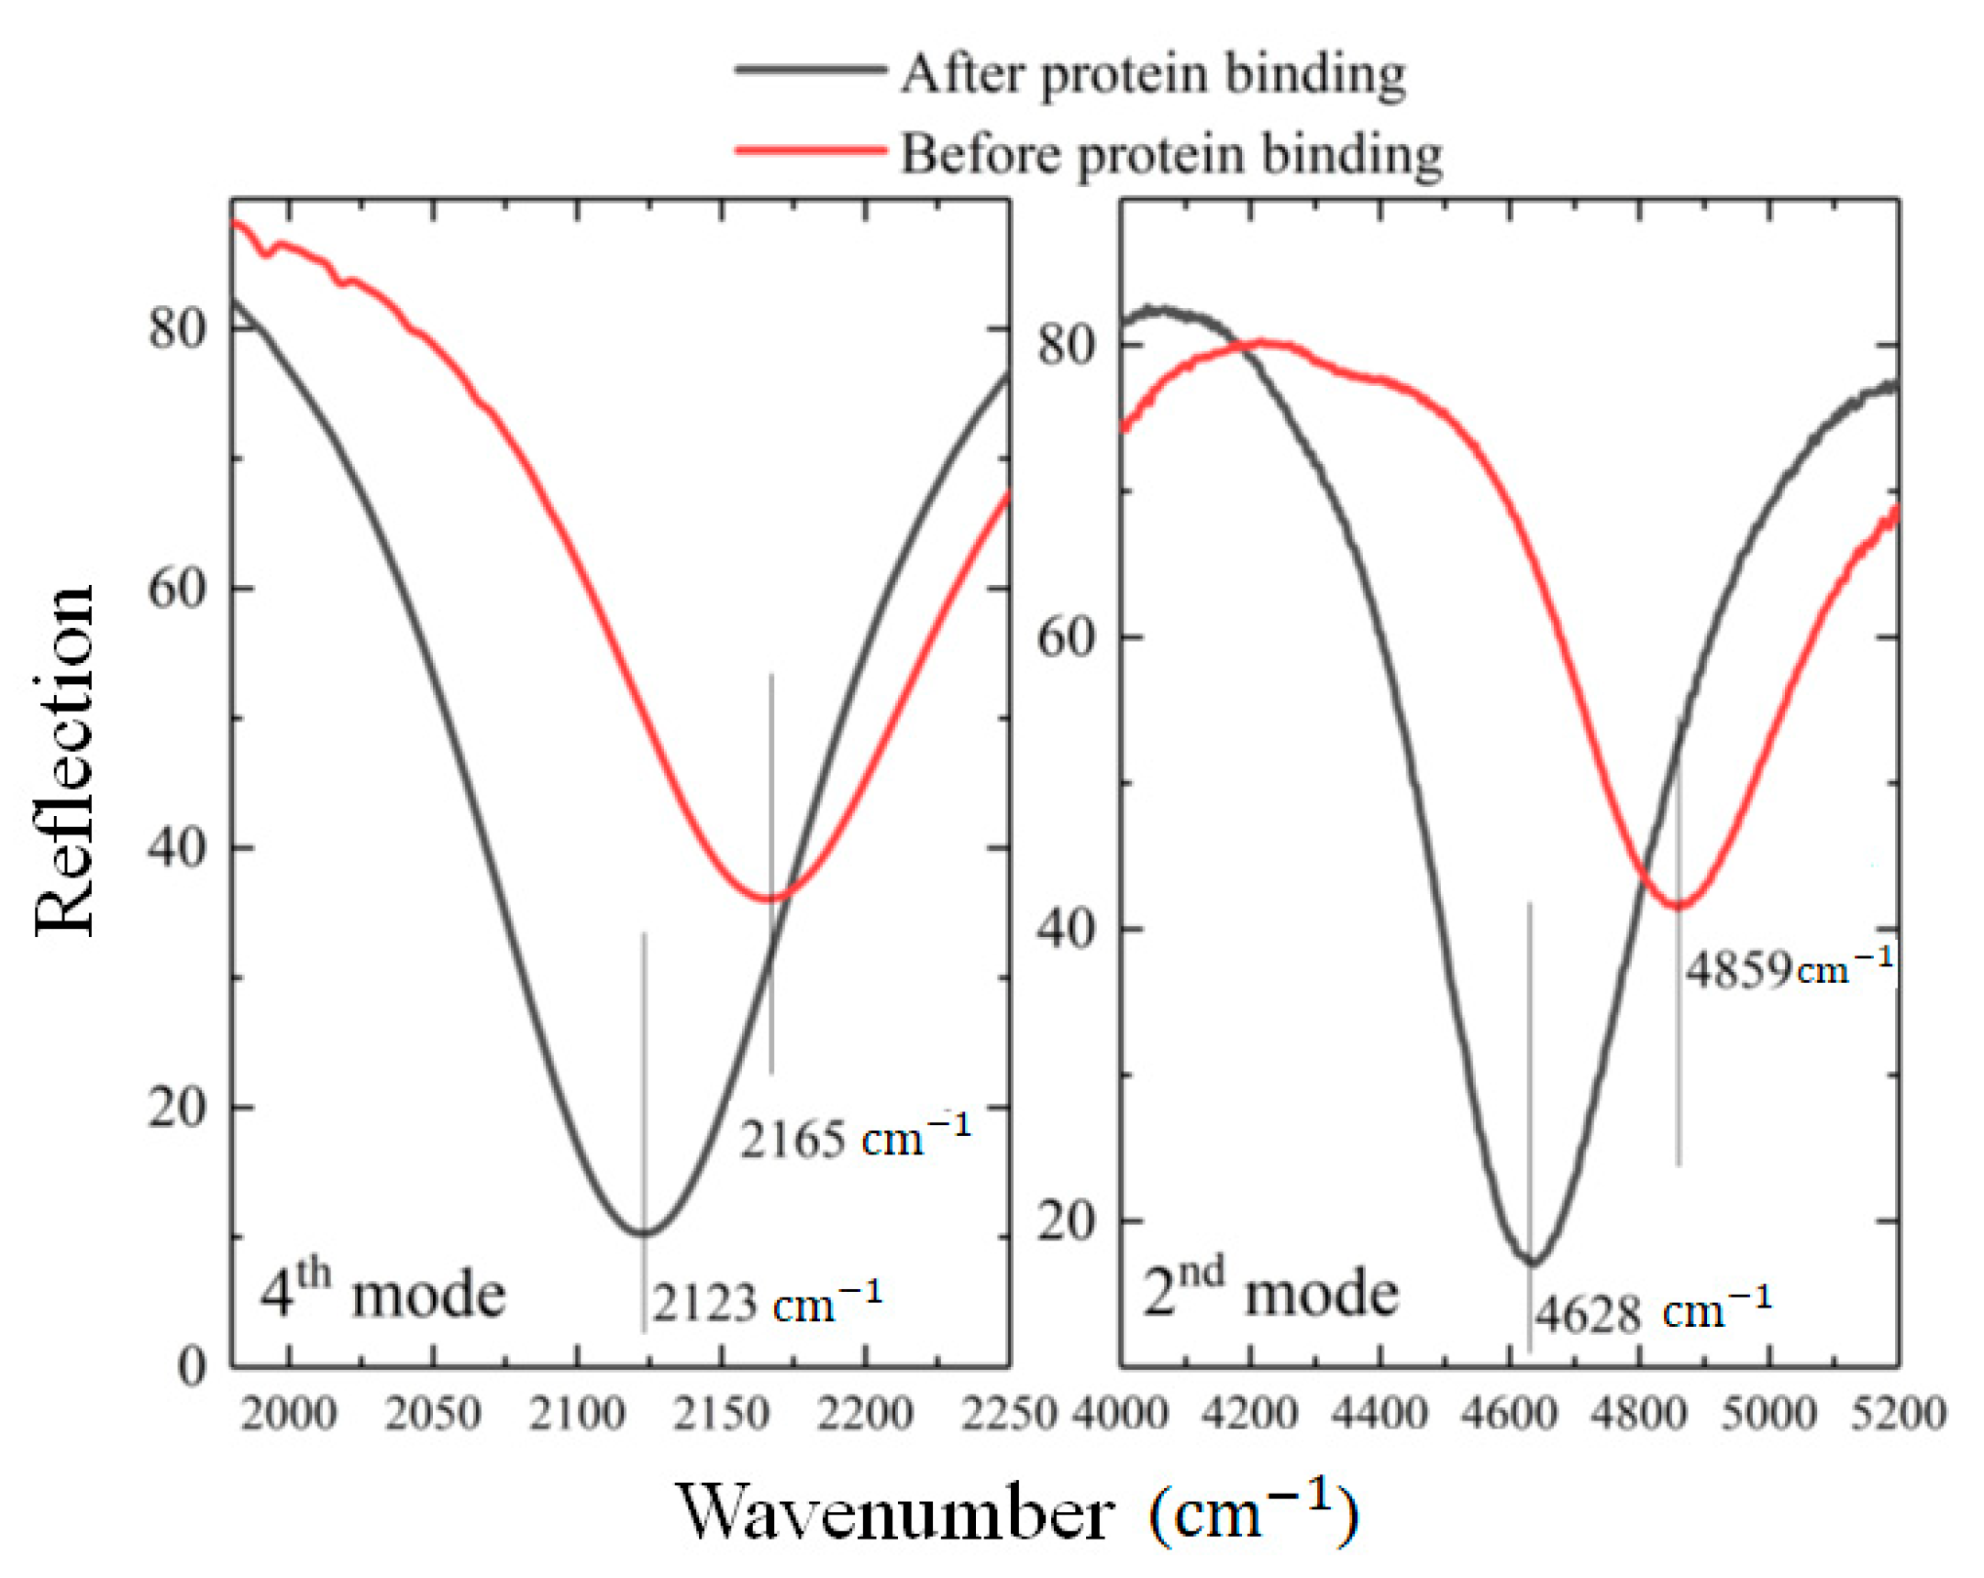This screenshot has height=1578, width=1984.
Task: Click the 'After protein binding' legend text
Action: coord(1152,73)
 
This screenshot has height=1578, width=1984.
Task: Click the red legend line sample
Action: coord(810,150)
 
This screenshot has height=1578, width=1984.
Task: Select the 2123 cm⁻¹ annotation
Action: coord(767,1303)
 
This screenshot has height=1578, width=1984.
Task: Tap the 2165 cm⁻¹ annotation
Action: coord(855,1138)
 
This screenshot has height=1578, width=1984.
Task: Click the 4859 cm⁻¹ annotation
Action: coord(1789,969)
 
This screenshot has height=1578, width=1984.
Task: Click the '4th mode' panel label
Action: coord(382,1293)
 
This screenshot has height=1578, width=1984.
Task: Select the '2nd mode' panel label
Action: coord(1269,1293)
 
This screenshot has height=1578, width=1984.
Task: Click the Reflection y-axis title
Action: coord(64,759)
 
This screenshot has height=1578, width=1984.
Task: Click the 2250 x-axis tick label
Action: coord(1009,1412)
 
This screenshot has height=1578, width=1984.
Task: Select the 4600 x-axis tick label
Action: coord(1509,1412)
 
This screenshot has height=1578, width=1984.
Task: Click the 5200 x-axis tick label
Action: coord(1898,1412)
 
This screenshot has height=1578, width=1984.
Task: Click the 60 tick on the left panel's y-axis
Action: coord(177,588)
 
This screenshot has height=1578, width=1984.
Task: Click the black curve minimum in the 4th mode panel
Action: coord(643,1233)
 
